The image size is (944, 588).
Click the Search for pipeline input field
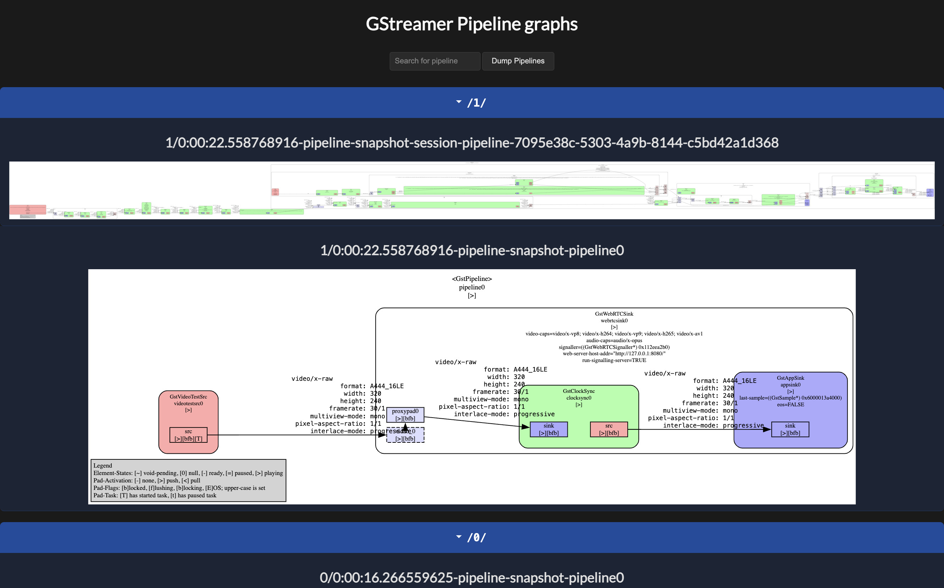tap(434, 61)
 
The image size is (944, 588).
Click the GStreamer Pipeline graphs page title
tap(471, 24)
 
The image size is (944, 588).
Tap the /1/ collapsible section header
tap(471, 103)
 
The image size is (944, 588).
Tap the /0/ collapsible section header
tap(471, 537)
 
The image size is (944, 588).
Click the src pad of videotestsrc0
tap(188, 435)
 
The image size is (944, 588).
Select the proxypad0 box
tap(405, 414)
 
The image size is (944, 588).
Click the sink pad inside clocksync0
tap(549, 429)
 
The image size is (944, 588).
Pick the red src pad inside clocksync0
tap(609, 429)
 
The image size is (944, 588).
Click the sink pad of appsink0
tap(790, 429)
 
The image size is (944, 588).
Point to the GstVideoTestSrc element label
tap(188, 397)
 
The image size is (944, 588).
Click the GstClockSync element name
tap(578, 391)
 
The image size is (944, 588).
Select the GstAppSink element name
tap(790, 378)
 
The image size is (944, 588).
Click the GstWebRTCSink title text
tap(614, 314)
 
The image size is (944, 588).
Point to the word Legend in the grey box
tap(102, 465)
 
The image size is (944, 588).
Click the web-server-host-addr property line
tap(614, 354)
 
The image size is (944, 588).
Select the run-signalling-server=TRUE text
tap(614, 360)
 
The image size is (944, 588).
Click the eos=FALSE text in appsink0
tap(790, 405)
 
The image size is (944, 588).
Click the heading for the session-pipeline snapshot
tap(471, 143)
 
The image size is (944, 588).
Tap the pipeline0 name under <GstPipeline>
tap(471, 287)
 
